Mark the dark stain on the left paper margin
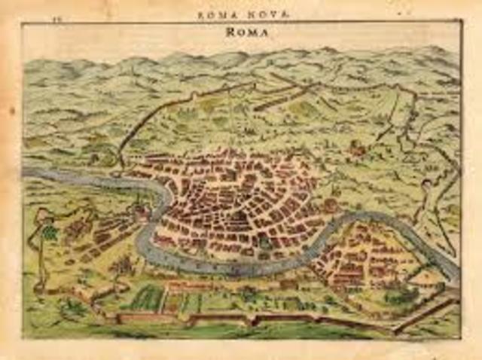point(11,111)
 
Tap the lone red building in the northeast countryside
point(358,149)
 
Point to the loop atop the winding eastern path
point(427,185)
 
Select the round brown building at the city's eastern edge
point(329,205)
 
